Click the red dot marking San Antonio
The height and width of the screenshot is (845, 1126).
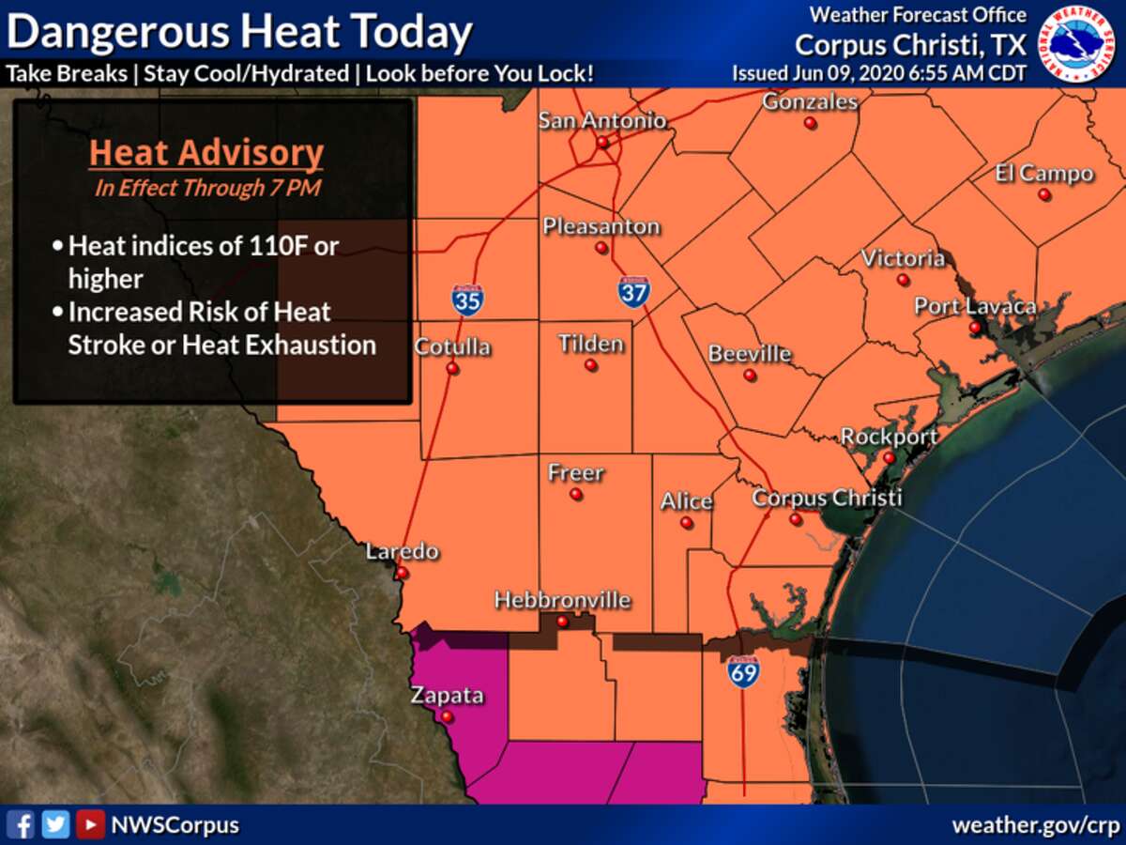point(603,144)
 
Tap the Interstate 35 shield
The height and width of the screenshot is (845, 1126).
point(467,299)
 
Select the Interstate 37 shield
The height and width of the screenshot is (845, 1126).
point(634,291)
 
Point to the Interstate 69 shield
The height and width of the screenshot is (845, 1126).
point(743,671)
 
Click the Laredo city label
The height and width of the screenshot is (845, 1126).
point(403,551)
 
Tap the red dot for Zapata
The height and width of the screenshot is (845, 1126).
point(448,717)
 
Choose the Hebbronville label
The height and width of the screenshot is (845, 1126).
point(562,600)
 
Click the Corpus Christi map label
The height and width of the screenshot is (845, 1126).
point(827,498)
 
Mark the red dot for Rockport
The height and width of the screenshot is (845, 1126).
point(889,458)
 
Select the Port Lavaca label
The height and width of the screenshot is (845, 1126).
point(975,306)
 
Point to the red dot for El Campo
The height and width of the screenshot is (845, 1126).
point(1043,195)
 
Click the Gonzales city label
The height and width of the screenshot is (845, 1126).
point(810,101)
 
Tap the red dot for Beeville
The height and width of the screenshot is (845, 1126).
point(750,376)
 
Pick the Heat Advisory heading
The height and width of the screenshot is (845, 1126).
point(206,153)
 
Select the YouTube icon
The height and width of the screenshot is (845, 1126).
point(90,825)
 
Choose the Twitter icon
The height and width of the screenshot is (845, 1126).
point(56,825)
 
